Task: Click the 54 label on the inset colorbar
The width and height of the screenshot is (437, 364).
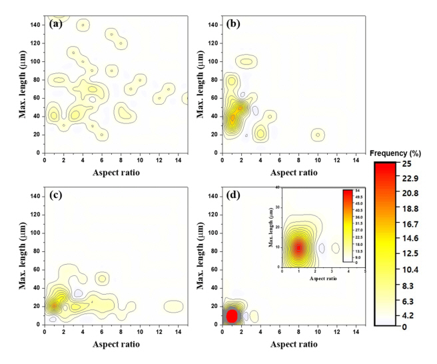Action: [356, 191]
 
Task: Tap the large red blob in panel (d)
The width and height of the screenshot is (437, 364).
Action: [232, 315]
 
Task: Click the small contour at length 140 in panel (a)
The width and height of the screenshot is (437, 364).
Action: [83, 25]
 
